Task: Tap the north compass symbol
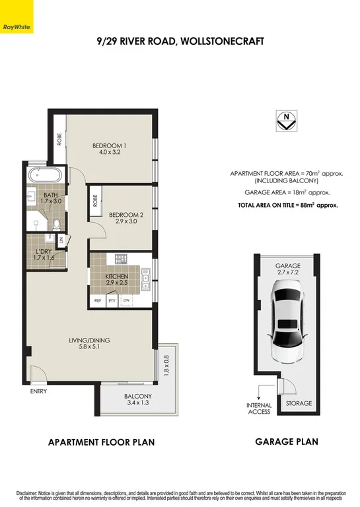click(285, 121)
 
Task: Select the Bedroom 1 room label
click(109, 149)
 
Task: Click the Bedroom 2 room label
click(126, 218)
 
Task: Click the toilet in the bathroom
click(57, 223)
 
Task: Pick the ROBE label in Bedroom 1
click(59, 139)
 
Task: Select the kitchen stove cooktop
click(121, 258)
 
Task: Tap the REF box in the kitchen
click(98, 301)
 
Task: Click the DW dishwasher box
click(126, 301)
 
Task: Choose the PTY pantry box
click(112, 301)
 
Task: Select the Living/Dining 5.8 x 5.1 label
click(90, 344)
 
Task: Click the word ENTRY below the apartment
click(39, 391)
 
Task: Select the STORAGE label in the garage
click(299, 403)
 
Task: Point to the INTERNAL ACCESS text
click(259, 409)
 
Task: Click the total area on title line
click(287, 206)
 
